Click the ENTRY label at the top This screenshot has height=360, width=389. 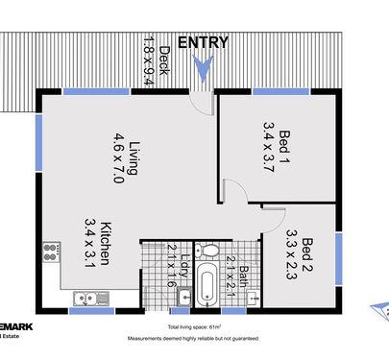pos(203,41)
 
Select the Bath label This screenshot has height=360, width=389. pos(244,279)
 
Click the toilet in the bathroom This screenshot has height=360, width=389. pos(205,252)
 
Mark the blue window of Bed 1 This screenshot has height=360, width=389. pos(274,91)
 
